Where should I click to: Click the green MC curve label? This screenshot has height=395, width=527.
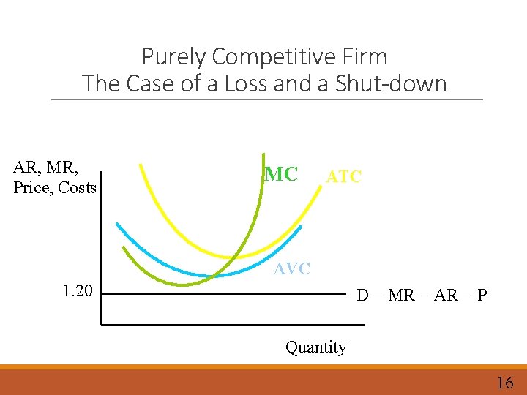pos(282,174)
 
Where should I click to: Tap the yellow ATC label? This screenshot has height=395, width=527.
pos(343,176)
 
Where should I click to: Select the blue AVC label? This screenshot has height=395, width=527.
pos(292,269)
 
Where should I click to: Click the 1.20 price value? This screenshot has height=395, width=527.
pos(78,291)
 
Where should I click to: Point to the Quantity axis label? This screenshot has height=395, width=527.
pos(315,347)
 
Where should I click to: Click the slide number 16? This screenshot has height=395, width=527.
pos(505,382)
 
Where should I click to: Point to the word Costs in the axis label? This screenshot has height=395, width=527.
pos(77,188)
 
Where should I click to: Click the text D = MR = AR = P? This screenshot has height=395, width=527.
pos(421,296)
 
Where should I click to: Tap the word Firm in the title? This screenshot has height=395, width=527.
pos(362,56)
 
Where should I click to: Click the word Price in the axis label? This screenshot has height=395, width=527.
pos(32,188)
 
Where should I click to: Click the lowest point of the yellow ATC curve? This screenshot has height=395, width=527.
pos(231,257)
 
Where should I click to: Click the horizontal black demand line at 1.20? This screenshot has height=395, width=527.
pos(220,294)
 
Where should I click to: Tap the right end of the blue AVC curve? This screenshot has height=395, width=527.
pos(299,227)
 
